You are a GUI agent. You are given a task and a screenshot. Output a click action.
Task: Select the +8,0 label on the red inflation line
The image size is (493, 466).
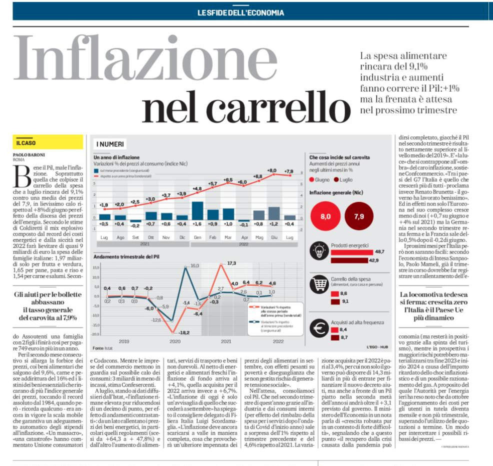[x=272, y=170]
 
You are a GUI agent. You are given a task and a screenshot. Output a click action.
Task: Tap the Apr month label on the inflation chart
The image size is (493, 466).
[x=244, y=237]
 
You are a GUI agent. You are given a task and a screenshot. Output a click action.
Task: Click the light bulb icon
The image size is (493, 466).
[x=318, y=251]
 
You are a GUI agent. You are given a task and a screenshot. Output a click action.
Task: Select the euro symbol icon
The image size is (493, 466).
[x=318, y=328]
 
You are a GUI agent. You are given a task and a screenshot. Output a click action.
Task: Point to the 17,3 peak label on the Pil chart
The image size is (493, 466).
[x=231, y=263]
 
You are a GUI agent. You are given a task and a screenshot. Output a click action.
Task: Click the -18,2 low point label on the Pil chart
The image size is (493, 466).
[x=184, y=332]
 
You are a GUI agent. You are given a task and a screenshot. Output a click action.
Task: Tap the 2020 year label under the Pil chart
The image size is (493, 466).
[x=174, y=341]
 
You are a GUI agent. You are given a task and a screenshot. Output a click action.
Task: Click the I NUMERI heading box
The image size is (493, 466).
[x=110, y=144]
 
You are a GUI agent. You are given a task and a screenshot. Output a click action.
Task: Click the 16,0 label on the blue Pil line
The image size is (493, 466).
[x=195, y=266]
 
